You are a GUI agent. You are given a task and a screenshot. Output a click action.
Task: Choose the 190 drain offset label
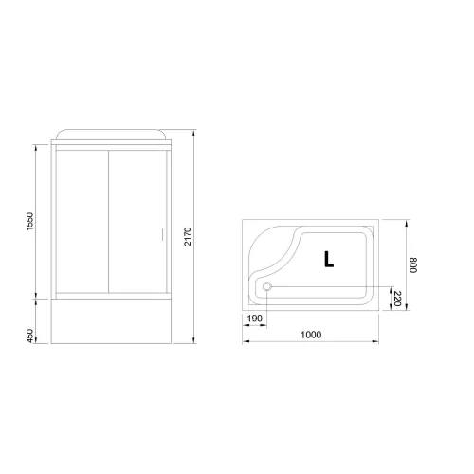tap(253, 319)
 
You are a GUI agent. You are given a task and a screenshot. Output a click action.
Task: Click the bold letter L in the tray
tap(327, 258)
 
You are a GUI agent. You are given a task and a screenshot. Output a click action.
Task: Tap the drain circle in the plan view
tap(267, 288)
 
